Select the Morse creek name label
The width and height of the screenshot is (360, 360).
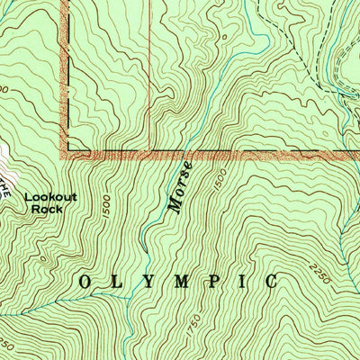(x=180, y=187)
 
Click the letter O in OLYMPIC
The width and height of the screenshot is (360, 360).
(x=85, y=282)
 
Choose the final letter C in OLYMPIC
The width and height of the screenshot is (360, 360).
(x=271, y=282)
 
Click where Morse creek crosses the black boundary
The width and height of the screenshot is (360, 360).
(x=184, y=150)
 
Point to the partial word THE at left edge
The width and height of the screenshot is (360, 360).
(x=4, y=187)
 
